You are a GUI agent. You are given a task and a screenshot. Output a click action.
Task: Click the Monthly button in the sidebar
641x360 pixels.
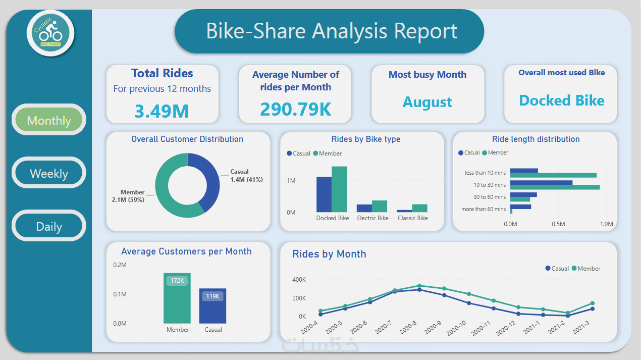point(49,120)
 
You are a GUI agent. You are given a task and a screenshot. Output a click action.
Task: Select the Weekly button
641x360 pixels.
point(49,173)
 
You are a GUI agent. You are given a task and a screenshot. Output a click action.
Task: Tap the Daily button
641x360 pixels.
point(49,226)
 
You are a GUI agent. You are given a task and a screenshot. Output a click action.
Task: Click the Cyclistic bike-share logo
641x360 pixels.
point(50,33)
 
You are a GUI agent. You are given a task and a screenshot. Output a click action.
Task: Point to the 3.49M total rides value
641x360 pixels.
point(162,111)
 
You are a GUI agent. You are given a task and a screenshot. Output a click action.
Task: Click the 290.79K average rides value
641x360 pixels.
point(295,109)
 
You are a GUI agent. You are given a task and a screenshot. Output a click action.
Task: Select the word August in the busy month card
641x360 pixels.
point(428,102)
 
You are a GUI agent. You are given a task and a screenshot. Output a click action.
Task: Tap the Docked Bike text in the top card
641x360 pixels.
point(561,100)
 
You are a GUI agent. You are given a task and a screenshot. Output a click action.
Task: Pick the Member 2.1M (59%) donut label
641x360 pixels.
point(128,196)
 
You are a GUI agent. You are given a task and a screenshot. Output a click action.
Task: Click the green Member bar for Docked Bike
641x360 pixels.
point(339,189)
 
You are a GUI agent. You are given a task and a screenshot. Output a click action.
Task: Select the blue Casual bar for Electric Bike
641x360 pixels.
point(364,208)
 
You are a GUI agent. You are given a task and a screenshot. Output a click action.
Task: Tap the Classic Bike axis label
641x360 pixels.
point(412,218)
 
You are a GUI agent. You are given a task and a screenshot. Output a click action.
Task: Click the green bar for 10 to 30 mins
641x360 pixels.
point(555,187)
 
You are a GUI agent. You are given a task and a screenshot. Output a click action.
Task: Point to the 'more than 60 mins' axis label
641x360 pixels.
point(483,209)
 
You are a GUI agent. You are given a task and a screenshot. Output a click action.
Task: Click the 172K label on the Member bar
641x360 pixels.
point(177,280)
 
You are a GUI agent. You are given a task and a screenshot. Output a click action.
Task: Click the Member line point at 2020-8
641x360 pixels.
point(419,286)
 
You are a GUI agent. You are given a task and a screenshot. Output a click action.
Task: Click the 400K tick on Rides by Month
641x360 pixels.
point(299,280)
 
